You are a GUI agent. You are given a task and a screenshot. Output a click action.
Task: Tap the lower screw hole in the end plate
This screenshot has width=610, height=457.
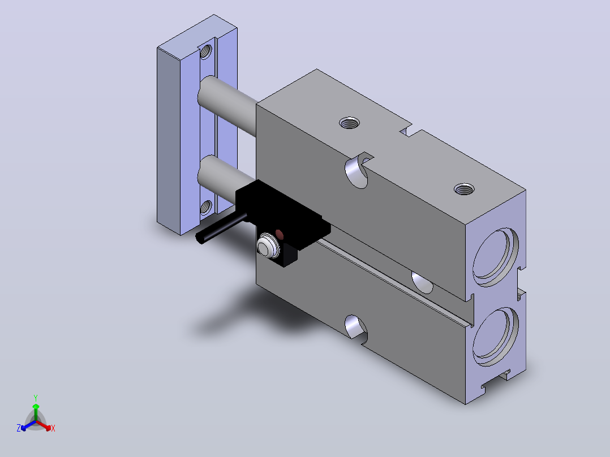(x=206, y=207)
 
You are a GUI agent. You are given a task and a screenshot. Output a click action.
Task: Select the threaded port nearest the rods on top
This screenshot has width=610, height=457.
(x=349, y=123)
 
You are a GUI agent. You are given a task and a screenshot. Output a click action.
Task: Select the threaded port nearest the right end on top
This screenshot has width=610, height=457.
(x=464, y=189)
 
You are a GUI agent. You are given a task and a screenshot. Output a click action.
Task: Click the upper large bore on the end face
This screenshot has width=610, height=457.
(x=496, y=257)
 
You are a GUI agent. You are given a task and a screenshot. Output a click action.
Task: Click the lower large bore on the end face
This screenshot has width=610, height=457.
(x=496, y=337)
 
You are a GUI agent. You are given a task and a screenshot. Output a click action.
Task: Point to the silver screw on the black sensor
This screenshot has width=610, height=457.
(x=268, y=245)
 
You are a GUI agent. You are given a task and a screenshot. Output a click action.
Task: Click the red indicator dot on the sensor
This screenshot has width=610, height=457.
(x=280, y=234)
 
